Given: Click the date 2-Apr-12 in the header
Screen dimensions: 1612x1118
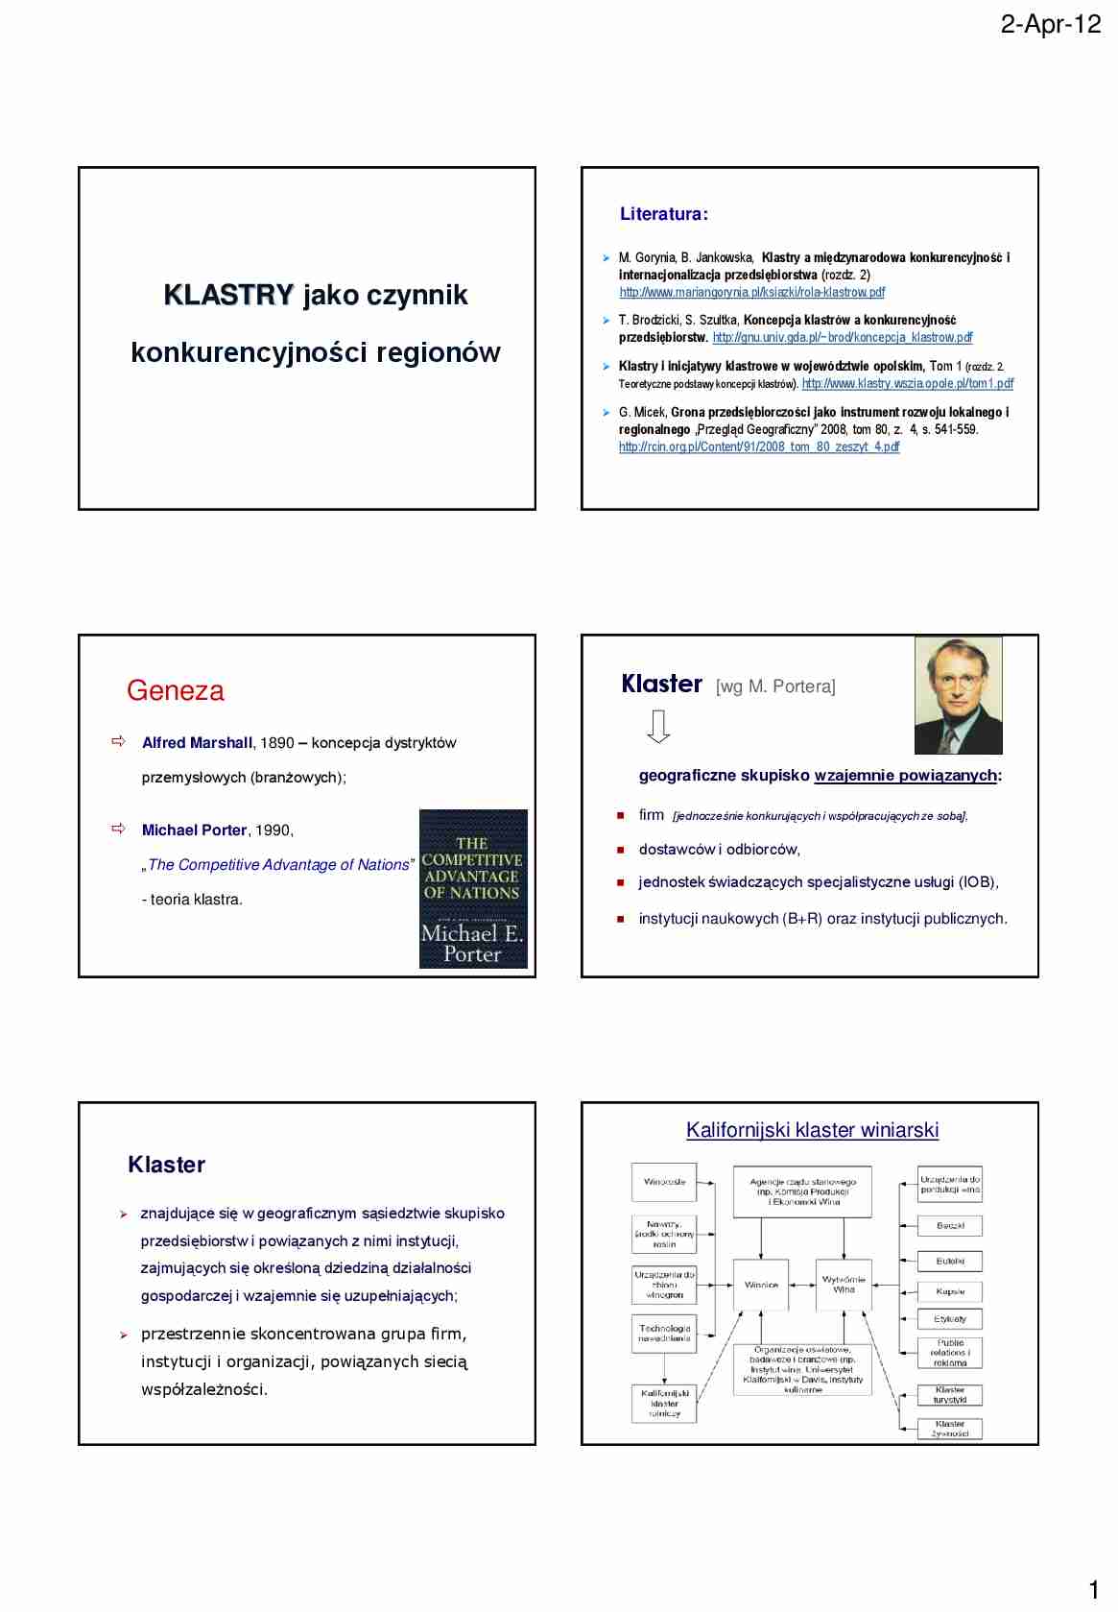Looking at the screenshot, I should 1050,24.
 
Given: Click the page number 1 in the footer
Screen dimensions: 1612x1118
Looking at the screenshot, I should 1094,1589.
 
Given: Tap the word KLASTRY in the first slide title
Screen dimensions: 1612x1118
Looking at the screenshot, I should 228,295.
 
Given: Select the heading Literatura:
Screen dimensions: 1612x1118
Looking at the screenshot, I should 663,214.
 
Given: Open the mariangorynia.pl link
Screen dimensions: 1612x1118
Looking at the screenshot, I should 751,292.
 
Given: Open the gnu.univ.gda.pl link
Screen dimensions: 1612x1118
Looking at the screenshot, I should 842,337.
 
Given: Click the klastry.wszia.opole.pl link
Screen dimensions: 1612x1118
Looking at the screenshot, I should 907,383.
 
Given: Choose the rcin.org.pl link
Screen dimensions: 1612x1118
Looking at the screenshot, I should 758,446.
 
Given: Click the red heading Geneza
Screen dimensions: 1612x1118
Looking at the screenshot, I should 175,690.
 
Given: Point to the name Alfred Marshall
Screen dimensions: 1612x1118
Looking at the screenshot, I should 197,742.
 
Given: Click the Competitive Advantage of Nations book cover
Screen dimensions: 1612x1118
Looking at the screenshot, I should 473,888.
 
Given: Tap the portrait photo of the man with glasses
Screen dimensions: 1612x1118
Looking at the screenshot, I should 958,695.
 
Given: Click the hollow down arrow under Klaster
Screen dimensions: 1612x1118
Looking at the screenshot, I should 658,726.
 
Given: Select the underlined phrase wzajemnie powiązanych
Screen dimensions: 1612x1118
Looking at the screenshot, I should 905,775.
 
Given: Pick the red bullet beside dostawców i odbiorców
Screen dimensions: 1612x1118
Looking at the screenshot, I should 621,850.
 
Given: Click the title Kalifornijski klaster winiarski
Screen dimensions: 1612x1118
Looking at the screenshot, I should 812,1130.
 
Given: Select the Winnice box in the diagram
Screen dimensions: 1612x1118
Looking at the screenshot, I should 761,1285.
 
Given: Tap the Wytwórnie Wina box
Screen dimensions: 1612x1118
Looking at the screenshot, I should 844,1285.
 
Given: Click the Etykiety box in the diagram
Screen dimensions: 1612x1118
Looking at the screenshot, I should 950,1319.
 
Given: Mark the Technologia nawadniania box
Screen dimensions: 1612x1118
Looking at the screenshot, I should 664,1334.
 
